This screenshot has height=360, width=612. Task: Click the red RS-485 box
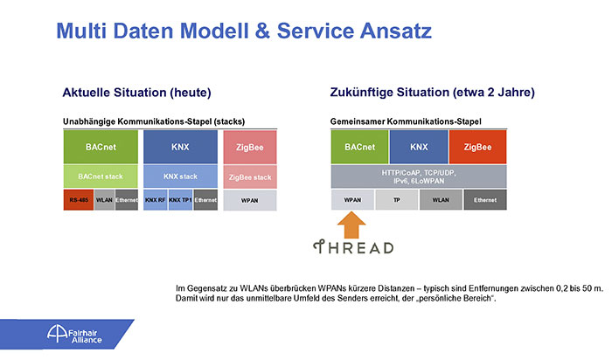click(79, 200)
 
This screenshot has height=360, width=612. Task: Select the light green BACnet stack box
click(101, 177)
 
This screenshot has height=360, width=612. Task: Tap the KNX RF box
click(156, 200)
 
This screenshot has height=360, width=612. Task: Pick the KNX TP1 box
click(180, 200)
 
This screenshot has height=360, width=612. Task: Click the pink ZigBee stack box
click(250, 177)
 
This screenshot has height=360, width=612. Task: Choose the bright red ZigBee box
click(477, 147)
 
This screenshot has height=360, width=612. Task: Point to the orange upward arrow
click(351, 225)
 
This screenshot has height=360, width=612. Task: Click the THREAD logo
click(353, 247)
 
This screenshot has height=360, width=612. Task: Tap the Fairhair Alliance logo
click(74, 335)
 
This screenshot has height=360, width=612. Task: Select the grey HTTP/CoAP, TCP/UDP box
click(419, 177)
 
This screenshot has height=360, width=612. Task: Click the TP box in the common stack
click(397, 200)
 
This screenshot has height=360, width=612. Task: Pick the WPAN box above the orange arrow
click(352, 200)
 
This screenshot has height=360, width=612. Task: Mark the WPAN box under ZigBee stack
click(250, 200)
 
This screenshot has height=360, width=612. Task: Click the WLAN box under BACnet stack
click(104, 200)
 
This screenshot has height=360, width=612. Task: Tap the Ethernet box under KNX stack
click(205, 200)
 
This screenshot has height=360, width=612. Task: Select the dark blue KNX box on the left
click(180, 147)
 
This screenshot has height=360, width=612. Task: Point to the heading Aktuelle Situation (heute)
click(136, 93)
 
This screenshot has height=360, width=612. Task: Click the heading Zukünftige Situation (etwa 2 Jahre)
click(433, 92)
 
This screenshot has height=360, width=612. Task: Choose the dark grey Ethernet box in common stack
click(485, 200)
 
